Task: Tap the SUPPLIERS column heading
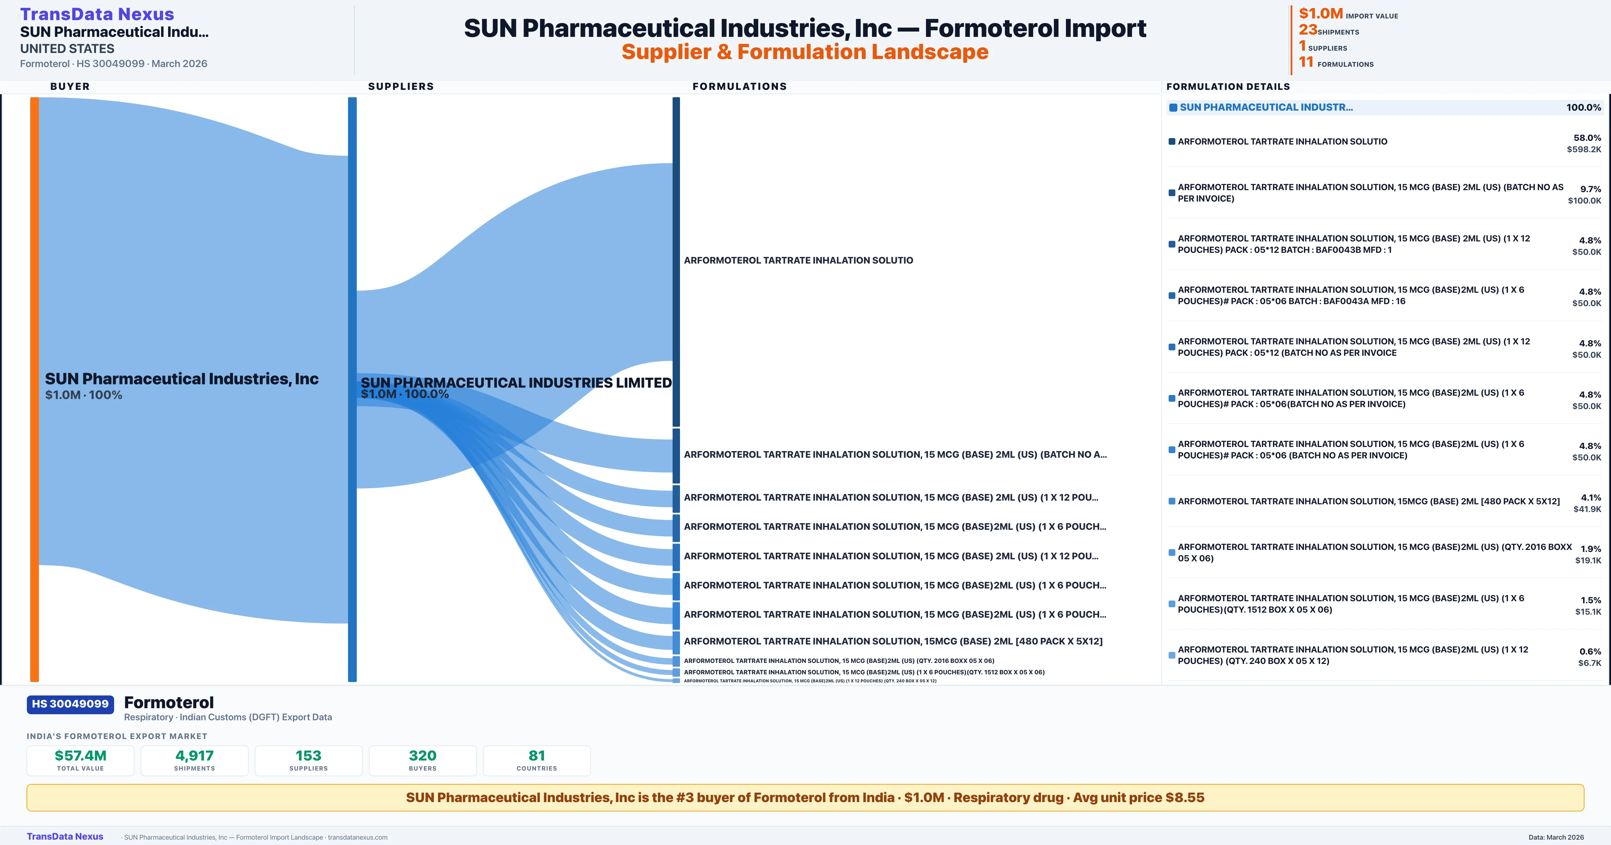click(400, 86)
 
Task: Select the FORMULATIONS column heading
click(739, 86)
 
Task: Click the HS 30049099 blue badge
click(70, 704)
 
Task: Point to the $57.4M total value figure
click(80, 755)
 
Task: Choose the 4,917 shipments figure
click(195, 755)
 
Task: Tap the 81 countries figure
click(537, 755)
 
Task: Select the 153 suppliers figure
click(308, 755)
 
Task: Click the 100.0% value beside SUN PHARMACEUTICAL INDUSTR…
click(1583, 108)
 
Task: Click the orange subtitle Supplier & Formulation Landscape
click(805, 52)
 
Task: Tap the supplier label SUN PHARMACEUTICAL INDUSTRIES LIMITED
click(516, 383)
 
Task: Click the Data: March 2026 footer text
click(1556, 837)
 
